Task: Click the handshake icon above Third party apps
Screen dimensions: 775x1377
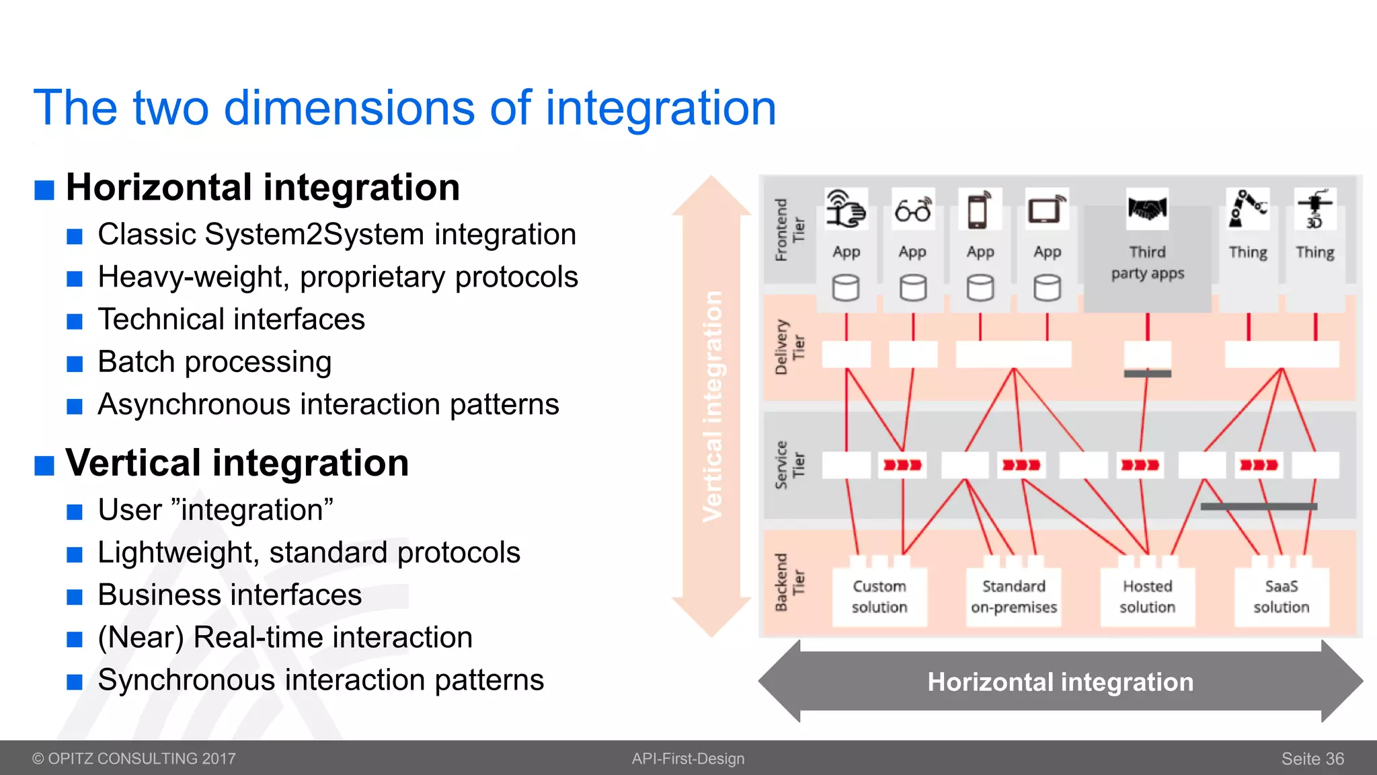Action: [1147, 209]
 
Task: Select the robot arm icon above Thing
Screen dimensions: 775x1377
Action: [1247, 209]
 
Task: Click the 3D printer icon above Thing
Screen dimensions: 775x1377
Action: [1314, 209]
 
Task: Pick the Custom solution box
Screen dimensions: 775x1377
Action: [879, 597]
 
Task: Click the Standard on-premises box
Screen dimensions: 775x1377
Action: [1013, 597]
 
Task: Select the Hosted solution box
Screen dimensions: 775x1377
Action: [1147, 597]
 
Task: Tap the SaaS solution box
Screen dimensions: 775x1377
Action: [1281, 597]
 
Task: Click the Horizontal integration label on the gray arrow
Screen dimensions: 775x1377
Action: [1060, 682]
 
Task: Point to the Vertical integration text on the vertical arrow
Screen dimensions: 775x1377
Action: [712, 406]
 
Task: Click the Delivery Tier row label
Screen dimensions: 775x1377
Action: [789, 347]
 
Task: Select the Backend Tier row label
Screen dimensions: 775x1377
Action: [789, 583]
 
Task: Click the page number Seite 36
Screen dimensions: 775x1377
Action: [1312, 759]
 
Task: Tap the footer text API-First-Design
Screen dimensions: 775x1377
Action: [688, 759]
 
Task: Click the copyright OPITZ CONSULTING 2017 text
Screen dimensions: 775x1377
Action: [134, 759]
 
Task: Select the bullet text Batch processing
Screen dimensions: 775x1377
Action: [214, 362]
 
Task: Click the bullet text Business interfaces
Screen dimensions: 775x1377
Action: [229, 595]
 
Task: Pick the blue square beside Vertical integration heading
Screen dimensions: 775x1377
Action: [44, 465]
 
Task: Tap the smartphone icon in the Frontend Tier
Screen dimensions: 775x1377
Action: [979, 210]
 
